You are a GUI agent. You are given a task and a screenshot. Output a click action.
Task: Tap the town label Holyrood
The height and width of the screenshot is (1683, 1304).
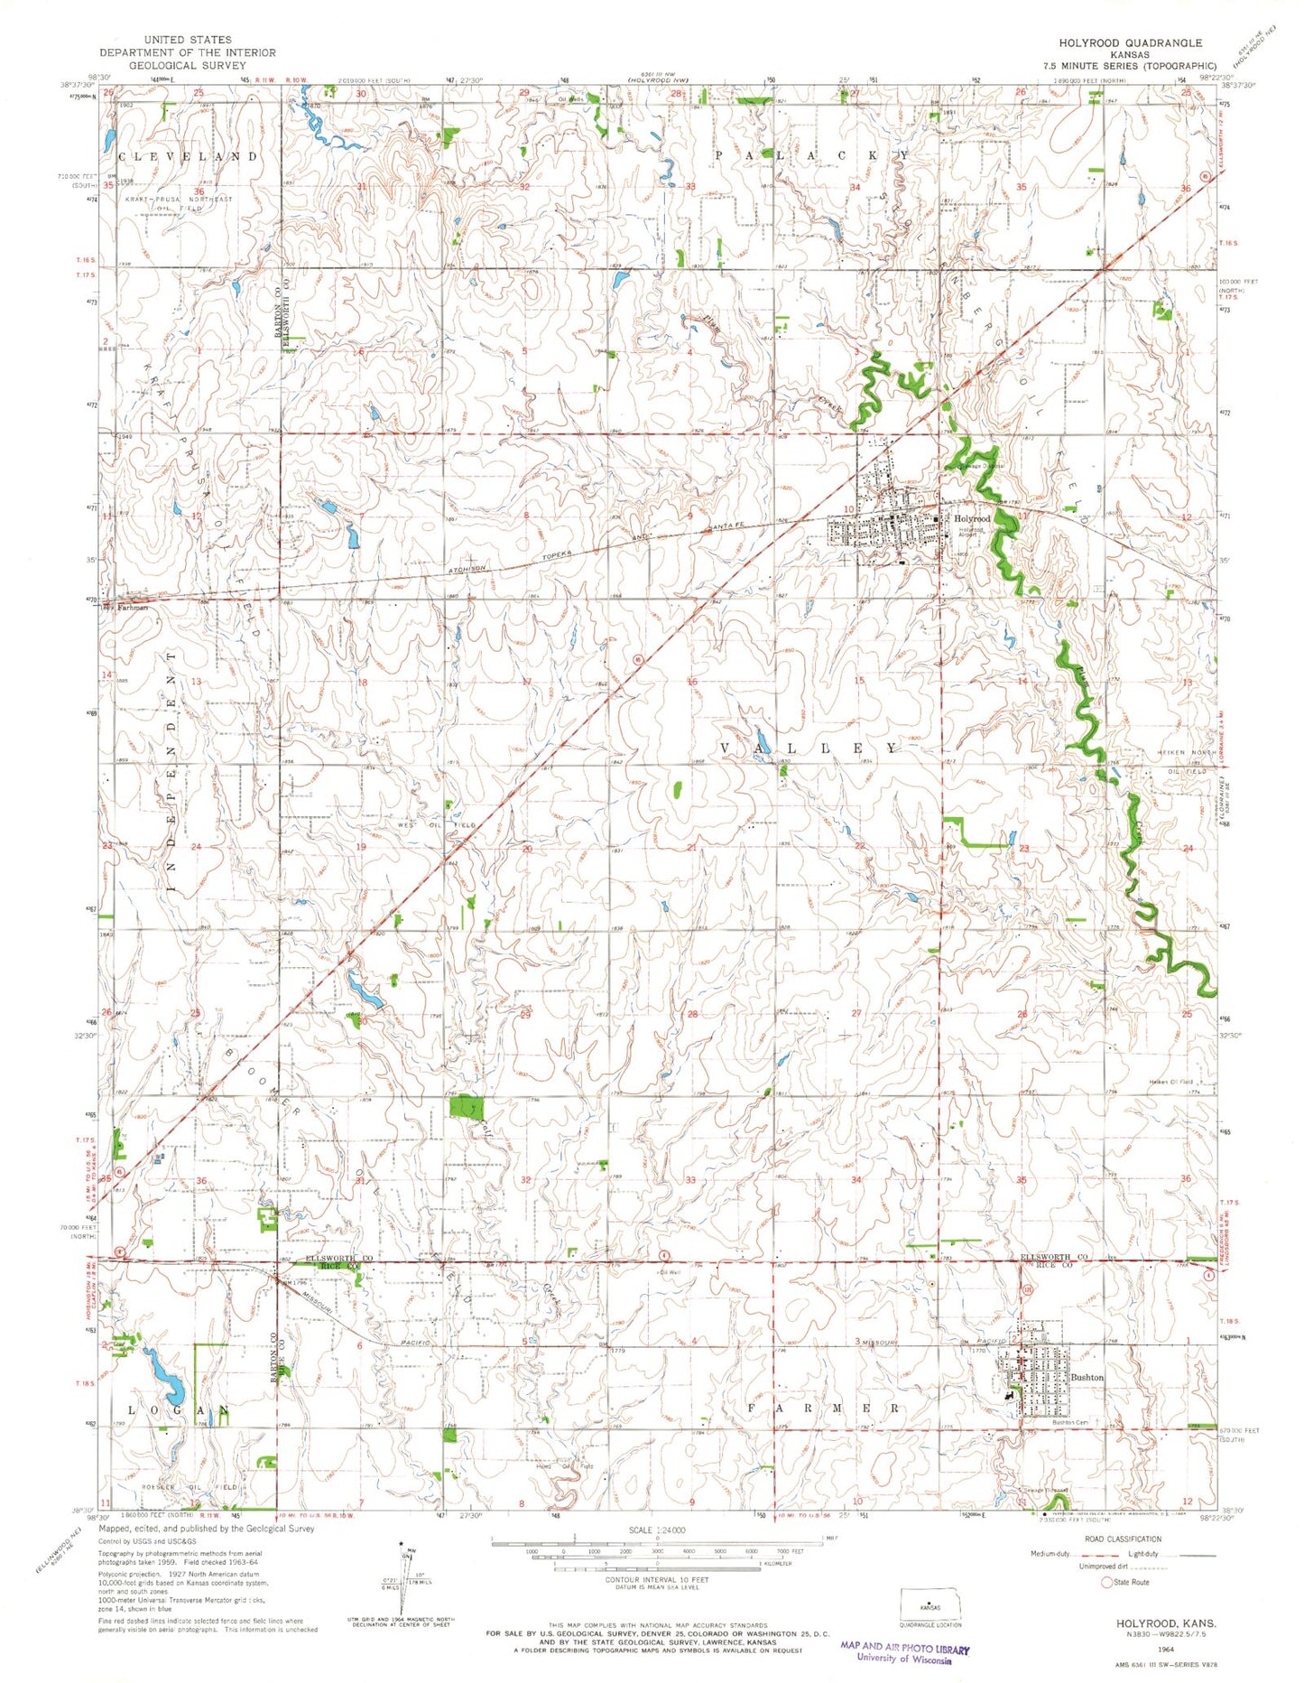pos(973,518)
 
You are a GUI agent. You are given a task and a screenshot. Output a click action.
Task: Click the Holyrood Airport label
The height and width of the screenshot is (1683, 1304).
pos(970,533)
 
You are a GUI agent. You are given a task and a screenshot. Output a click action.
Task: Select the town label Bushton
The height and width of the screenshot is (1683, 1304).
pos(1087,1377)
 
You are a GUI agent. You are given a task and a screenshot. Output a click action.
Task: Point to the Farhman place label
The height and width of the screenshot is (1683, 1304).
pos(131,608)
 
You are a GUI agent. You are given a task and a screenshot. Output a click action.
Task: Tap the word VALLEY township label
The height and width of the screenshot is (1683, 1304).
pos(809,749)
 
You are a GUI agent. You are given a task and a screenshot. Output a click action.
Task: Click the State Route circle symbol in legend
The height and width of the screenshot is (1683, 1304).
pos(1106,1583)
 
